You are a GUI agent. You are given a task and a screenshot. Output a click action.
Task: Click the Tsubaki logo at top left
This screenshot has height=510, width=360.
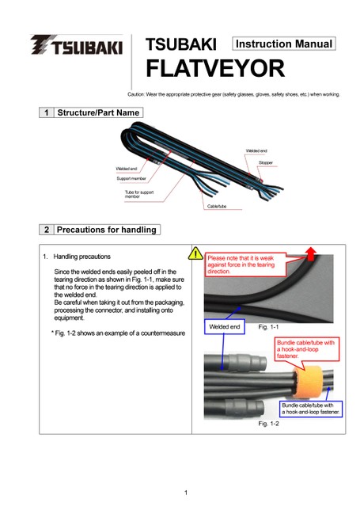tap(77, 44)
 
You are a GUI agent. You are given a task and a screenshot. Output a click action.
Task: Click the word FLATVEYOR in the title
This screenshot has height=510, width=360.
tap(215, 68)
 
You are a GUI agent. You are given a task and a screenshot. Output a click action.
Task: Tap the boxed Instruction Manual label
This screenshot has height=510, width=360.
tap(283, 44)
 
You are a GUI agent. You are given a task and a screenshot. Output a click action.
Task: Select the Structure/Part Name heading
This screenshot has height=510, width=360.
tap(98, 112)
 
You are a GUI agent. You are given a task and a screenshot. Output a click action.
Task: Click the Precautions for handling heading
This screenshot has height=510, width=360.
tap(107, 230)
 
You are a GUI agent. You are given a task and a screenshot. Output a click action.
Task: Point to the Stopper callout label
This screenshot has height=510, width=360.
tap(266, 162)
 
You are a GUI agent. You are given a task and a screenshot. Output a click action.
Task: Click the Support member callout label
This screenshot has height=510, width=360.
tap(131, 178)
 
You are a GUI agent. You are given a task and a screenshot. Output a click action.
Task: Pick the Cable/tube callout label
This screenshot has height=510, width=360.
tap(217, 206)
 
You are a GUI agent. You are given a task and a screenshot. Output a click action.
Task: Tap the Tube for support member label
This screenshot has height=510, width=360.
tap(139, 194)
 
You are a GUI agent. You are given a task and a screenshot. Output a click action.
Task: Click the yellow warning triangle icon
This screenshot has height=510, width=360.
tap(195, 253)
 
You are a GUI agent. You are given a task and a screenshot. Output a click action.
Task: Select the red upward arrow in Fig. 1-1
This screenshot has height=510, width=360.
tap(311, 253)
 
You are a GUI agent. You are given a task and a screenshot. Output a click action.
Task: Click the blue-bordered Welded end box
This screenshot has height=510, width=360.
tap(224, 326)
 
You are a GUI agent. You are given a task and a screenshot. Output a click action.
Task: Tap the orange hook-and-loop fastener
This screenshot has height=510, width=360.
tap(307, 382)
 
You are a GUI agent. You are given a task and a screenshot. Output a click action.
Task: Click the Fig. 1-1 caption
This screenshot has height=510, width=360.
tap(268, 327)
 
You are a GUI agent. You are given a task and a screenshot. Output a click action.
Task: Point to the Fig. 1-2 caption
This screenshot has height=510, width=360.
tap(268, 424)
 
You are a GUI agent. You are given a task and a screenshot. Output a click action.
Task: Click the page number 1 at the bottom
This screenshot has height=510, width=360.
tap(186, 493)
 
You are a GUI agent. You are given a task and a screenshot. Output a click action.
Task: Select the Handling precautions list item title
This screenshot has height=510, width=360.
tap(81, 257)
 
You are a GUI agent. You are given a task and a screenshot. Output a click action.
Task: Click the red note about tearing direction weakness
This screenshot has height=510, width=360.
tap(245, 265)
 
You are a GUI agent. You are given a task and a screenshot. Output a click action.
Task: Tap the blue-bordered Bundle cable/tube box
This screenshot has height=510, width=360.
tap(311, 409)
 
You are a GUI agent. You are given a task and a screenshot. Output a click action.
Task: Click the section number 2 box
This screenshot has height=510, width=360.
tap(47, 230)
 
